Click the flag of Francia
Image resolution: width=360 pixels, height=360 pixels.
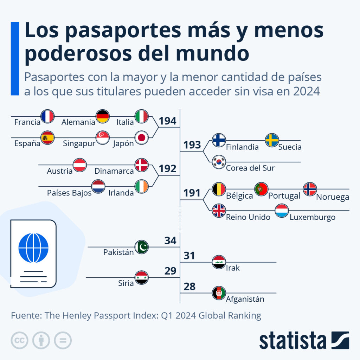click(x=47, y=116)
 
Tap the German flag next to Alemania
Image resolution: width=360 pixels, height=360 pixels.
click(x=103, y=116)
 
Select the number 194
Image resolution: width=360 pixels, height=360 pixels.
click(x=167, y=121)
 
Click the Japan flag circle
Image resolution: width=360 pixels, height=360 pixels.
click(x=142, y=138)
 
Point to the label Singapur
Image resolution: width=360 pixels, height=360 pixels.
click(x=79, y=144)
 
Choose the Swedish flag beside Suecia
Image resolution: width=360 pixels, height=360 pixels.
click(x=272, y=140)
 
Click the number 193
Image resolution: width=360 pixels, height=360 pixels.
click(x=192, y=145)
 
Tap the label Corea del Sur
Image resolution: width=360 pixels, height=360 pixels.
click(x=250, y=168)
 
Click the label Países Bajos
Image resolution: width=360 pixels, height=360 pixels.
click(x=69, y=193)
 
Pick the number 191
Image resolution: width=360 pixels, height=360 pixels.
click(x=192, y=193)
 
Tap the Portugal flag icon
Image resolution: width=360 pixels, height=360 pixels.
click(x=261, y=189)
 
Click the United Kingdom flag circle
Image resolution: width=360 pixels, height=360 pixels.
click(x=219, y=211)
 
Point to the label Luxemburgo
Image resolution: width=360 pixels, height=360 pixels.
click(x=313, y=217)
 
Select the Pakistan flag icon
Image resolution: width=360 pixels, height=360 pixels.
click(x=142, y=247)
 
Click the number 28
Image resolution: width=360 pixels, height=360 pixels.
click(x=189, y=287)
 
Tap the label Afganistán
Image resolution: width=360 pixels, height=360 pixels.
click(x=245, y=299)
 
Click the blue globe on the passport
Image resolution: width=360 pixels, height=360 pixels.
click(x=33, y=248)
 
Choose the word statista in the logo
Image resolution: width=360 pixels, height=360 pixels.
click(x=292, y=341)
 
